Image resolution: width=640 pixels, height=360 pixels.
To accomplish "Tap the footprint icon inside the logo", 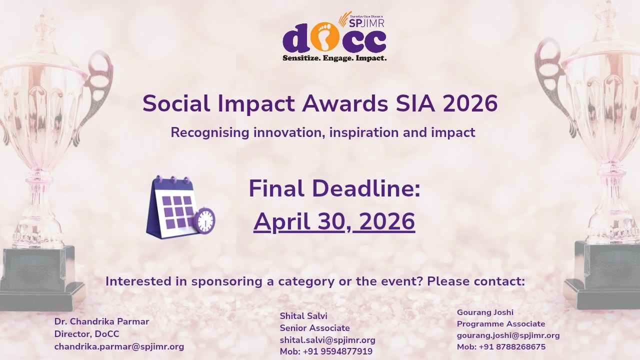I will coord(325,37).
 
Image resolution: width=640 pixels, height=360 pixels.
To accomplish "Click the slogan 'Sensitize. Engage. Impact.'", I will coord(334,58).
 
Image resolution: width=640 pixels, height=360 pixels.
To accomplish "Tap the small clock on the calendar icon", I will coord(204,220).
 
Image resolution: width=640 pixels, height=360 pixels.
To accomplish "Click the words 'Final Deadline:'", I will coord(334,189).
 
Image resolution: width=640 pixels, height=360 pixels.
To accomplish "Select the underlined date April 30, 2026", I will coord(334,222).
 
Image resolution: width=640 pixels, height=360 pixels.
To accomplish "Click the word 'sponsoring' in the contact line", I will coord(233,281).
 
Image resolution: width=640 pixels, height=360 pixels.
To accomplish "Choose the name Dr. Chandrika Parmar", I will coord(101,321).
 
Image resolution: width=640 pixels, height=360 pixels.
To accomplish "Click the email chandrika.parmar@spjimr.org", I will coord(119,346).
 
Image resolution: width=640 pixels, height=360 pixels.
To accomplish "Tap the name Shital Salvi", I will coord(303,316).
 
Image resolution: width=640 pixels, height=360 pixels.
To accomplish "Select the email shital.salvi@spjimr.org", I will coord(327,340).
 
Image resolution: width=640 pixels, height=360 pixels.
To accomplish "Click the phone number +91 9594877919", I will coord(337,351).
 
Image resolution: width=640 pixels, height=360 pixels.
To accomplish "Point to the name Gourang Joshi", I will coord(485,312).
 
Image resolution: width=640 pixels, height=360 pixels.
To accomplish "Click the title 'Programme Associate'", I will coord(501,324).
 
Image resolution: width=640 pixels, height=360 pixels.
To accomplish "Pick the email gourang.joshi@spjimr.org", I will coord(508,335).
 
